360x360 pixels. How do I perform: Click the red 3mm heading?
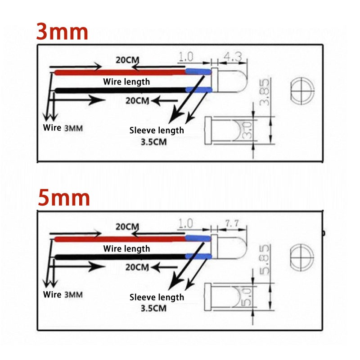[x=62, y=32]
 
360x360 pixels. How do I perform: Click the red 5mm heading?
[x=63, y=198]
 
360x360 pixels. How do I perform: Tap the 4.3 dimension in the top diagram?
[x=233, y=57]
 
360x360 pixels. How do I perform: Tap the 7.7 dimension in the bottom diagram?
[x=232, y=223]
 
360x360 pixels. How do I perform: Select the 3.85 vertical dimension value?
[x=264, y=92]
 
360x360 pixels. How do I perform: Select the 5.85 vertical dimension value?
[x=264, y=260]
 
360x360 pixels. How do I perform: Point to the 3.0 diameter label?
[x=247, y=130]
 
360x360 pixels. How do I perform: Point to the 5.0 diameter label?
[x=247, y=297]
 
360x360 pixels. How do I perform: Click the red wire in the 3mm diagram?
[x=120, y=72]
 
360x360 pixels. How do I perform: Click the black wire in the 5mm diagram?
[x=120, y=256]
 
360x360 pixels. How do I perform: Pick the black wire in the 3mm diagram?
[x=120, y=90]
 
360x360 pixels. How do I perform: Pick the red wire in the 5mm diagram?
[x=120, y=239]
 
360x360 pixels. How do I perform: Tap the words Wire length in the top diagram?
[x=126, y=82]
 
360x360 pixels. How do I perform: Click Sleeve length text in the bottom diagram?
[x=157, y=297]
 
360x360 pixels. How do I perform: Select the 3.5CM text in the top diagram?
[x=153, y=142]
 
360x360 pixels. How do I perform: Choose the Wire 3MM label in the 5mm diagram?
[x=63, y=295]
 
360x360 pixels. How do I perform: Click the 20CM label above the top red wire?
[x=127, y=60]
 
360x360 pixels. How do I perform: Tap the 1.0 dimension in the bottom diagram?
[x=185, y=223]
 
